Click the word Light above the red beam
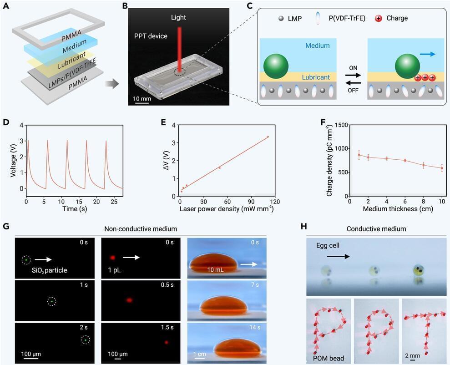(179, 18)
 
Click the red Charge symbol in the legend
(378, 18)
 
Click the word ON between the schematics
(353, 67)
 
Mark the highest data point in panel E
(268, 137)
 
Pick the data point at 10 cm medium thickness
(442, 168)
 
